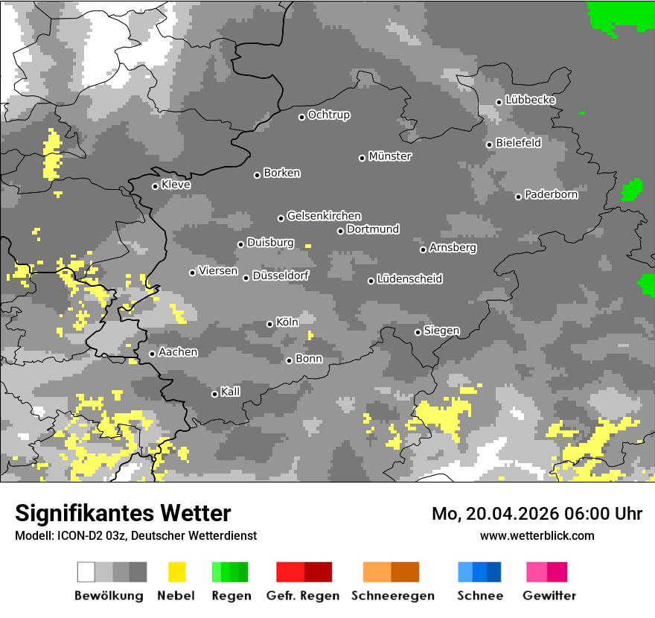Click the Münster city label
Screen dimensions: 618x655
tap(390, 156)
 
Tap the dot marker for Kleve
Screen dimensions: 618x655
tap(155, 186)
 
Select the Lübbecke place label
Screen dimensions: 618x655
tap(530, 100)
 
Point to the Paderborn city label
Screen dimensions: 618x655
tap(551, 194)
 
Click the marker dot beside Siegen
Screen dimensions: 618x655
tap(418, 332)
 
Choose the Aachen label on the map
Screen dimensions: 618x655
tap(178, 351)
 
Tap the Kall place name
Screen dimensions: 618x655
tap(230, 392)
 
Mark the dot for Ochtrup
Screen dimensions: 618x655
tap(301, 117)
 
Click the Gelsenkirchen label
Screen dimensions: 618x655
tap(324, 216)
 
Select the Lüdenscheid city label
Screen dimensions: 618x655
tap(409, 279)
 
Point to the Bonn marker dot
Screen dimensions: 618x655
tap(289, 360)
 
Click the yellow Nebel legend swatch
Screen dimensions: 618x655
tap(177, 572)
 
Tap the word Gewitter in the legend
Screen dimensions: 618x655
tap(549, 596)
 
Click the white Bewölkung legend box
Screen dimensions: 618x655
tap(86, 572)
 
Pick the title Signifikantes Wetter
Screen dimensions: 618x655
tap(123, 513)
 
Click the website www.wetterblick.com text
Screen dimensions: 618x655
tap(537, 535)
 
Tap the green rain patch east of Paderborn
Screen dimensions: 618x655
tap(631, 190)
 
